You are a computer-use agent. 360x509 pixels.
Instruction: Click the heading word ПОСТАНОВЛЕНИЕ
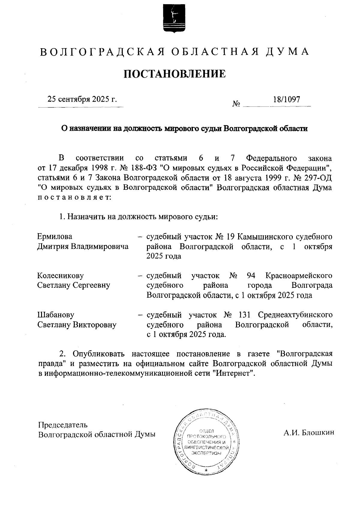(x=175, y=74)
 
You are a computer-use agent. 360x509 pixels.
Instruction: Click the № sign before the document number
(x=236, y=104)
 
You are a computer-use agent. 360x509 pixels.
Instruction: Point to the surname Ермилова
(x=55, y=237)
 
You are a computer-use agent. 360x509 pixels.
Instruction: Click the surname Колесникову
(x=61, y=275)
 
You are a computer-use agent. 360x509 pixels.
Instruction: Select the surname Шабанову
(x=56, y=315)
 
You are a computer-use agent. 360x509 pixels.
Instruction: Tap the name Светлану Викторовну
(x=77, y=325)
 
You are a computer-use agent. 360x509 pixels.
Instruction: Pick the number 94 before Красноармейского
(x=251, y=275)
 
